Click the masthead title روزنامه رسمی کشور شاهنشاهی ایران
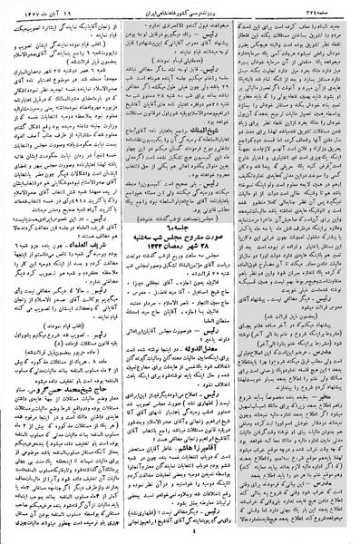click(180, 9)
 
